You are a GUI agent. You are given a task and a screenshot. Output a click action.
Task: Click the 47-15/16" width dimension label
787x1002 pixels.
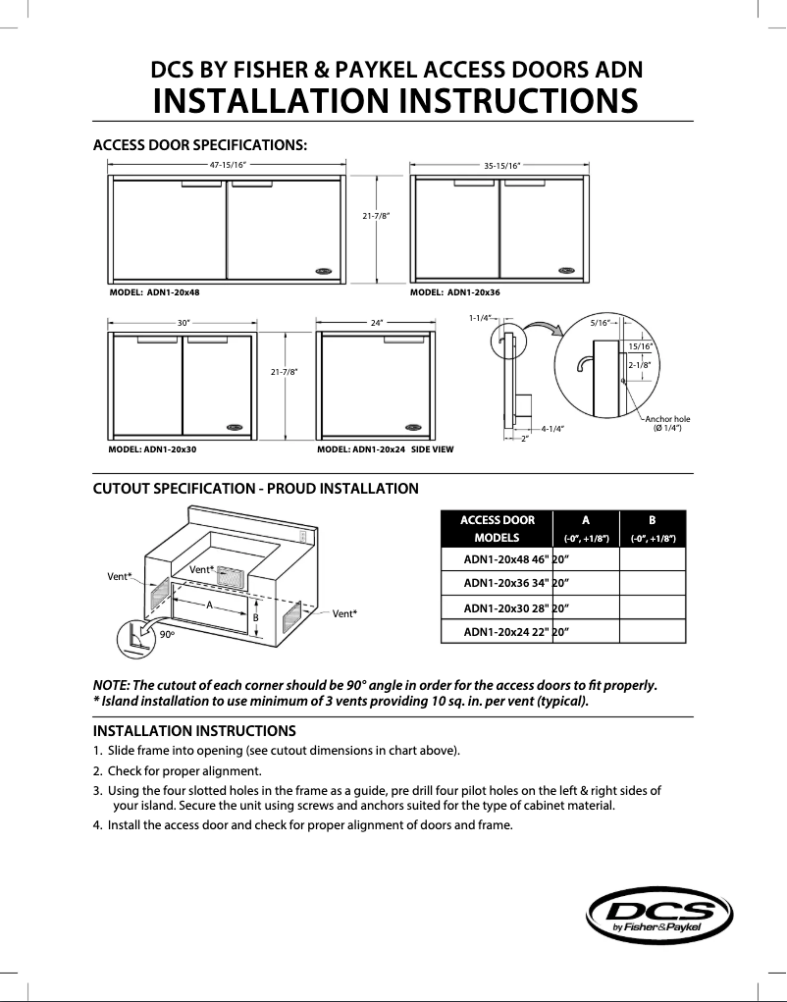coord(228,165)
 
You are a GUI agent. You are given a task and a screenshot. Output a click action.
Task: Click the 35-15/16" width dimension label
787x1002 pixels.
coord(501,166)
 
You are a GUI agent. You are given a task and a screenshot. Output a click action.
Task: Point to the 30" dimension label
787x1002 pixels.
coord(183,322)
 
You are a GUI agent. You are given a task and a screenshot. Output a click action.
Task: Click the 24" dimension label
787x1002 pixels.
coord(377,322)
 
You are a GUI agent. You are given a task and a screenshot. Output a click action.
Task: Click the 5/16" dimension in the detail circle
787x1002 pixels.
coord(600,322)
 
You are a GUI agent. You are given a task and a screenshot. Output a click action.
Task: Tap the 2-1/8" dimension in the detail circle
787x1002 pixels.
coord(639,364)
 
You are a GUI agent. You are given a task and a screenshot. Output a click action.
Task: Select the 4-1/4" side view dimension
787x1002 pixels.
coord(552,428)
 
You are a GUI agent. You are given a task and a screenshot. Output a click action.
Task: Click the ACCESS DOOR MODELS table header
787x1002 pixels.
coord(498,529)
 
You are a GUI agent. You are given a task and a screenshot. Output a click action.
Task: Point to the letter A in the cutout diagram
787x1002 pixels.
coord(209,606)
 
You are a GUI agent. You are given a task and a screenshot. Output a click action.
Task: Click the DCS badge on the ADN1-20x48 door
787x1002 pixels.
coord(325,272)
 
